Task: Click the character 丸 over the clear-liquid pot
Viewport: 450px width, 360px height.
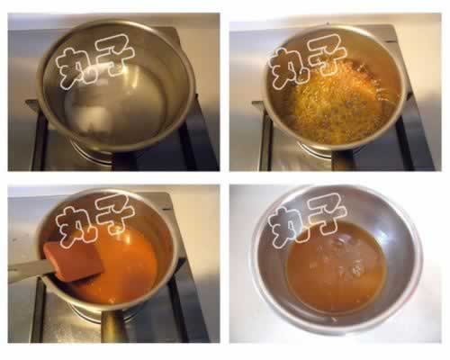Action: click(x=75, y=68)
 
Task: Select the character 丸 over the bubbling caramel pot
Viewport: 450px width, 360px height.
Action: click(x=287, y=68)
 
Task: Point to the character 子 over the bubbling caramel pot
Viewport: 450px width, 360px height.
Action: click(x=328, y=57)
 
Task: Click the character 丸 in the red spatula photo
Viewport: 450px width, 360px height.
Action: click(x=75, y=227)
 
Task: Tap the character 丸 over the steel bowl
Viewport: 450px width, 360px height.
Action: click(x=287, y=227)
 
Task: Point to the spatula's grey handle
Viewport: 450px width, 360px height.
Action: click(x=30, y=270)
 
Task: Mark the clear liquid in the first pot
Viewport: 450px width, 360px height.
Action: click(x=115, y=101)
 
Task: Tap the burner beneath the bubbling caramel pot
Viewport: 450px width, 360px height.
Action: click(x=318, y=150)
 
